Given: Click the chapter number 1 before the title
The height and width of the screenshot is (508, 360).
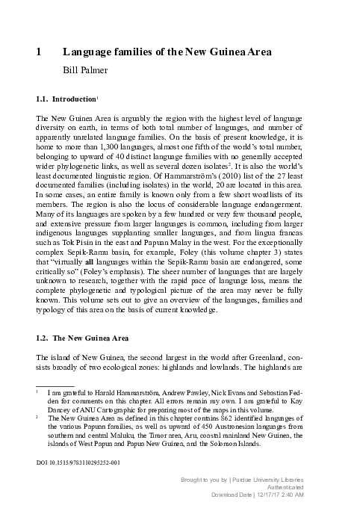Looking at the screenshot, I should pyautogui.click(x=39, y=52).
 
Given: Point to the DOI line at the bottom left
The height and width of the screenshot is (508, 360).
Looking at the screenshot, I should pyautogui.click(x=78, y=461).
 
